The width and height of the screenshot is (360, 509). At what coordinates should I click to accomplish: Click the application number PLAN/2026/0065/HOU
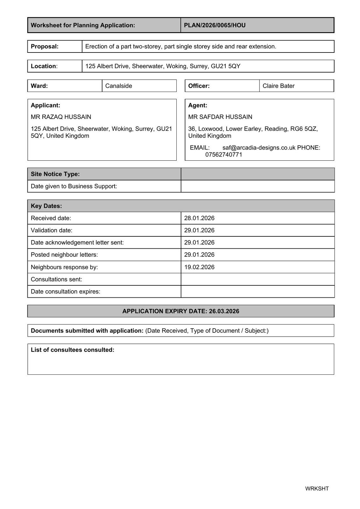click(215, 25)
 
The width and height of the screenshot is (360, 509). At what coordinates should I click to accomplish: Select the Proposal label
click(45, 46)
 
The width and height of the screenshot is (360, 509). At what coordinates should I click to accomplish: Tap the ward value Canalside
click(118, 86)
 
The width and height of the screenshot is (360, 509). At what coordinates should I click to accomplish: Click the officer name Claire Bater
click(279, 86)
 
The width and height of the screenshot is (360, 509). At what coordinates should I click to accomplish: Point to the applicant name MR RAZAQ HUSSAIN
click(61, 117)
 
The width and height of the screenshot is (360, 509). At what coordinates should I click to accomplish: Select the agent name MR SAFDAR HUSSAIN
click(220, 117)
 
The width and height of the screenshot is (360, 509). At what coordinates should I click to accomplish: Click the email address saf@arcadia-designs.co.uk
click(259, 148)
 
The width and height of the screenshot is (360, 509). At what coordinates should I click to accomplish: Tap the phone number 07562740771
click(223, 155)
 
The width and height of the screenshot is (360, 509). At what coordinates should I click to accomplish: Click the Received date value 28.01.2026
click(199, 218)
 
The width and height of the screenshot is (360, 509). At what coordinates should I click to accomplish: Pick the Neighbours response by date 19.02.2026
click(199, 267)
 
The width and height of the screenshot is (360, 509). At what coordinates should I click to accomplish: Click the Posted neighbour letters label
click(64, 255)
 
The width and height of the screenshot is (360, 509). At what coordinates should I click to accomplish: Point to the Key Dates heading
click(46, 206)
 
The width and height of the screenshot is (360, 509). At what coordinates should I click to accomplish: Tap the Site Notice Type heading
click(55, 174)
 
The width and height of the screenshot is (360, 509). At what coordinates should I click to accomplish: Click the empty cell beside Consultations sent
click(257, 279)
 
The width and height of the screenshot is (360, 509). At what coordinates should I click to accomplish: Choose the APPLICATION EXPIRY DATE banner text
click(181, 311)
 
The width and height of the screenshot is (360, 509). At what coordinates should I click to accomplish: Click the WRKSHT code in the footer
click(317, 489)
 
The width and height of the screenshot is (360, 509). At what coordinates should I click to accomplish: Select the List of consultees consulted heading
click(73, 350)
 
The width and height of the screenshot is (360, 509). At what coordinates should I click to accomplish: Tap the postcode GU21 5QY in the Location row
click(225, 66)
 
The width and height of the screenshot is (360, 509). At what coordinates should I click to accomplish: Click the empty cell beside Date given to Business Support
click(257, 186)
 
